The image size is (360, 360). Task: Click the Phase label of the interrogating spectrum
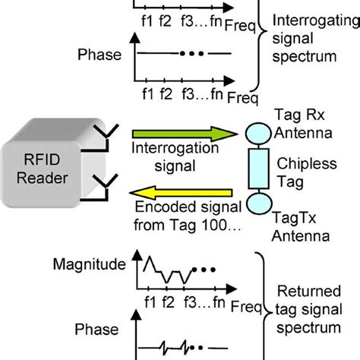(98, 55)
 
